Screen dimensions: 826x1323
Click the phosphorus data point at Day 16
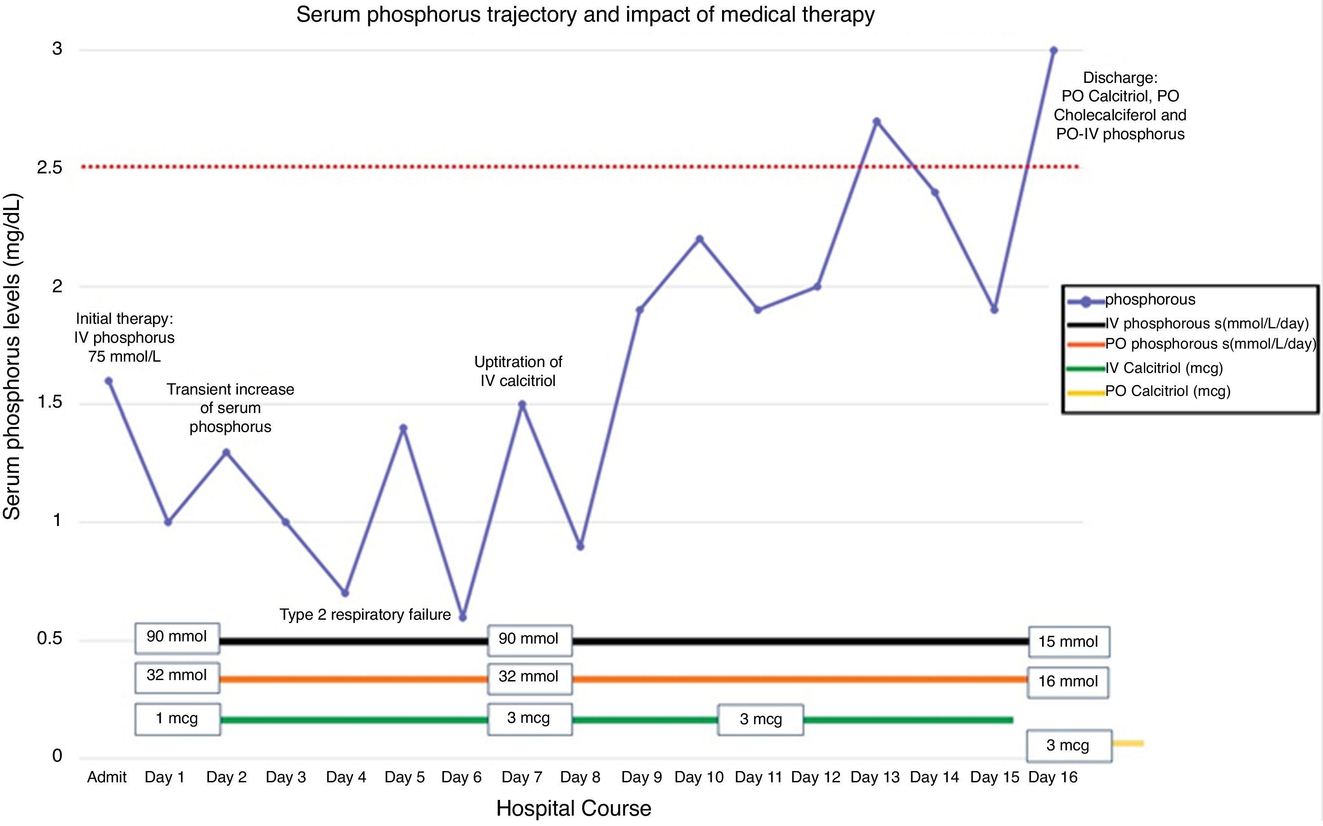(x=1054, y=51)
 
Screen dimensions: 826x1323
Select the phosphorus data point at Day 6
(x=462, y=617)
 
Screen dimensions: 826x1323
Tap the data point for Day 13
(x=876, y=122)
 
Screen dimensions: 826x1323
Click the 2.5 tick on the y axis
(x=50, y=168)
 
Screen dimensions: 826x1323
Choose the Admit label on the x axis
(x=107, y=777)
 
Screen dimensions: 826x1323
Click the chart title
(x=585, y=15)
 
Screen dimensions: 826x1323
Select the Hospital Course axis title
(x=573, y=808)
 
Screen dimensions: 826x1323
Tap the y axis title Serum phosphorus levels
(x=12, y=356)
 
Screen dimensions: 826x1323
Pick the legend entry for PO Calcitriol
(x=1167, y=391)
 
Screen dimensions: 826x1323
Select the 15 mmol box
(x=1069, y=641)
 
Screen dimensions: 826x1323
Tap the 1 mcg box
(x=177, y=719)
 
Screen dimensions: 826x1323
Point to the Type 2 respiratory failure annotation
(x=365, y=615)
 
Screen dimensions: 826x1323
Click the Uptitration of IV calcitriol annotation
(x=518, y=372)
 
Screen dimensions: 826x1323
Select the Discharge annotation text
(x=1120, y=106)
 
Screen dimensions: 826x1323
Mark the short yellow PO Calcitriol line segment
(x=1128, y=744)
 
